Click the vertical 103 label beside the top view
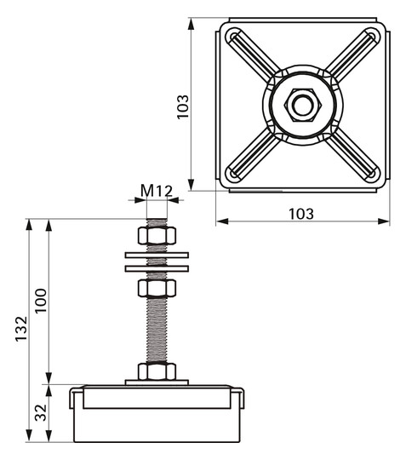(x=182, y=106)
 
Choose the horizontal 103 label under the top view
(x=300, y=213)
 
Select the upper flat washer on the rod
(x=157, y=254)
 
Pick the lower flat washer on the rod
(x=157, y=268)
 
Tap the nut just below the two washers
(x=157, y=288)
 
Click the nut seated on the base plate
(x=157, y=371)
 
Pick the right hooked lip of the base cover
(x=238, y=396)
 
